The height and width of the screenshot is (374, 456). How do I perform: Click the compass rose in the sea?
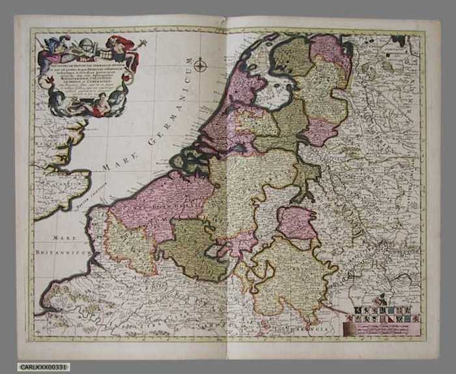click(x=201, y=65)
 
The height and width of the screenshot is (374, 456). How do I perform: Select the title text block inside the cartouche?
click(x=89, y=75)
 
